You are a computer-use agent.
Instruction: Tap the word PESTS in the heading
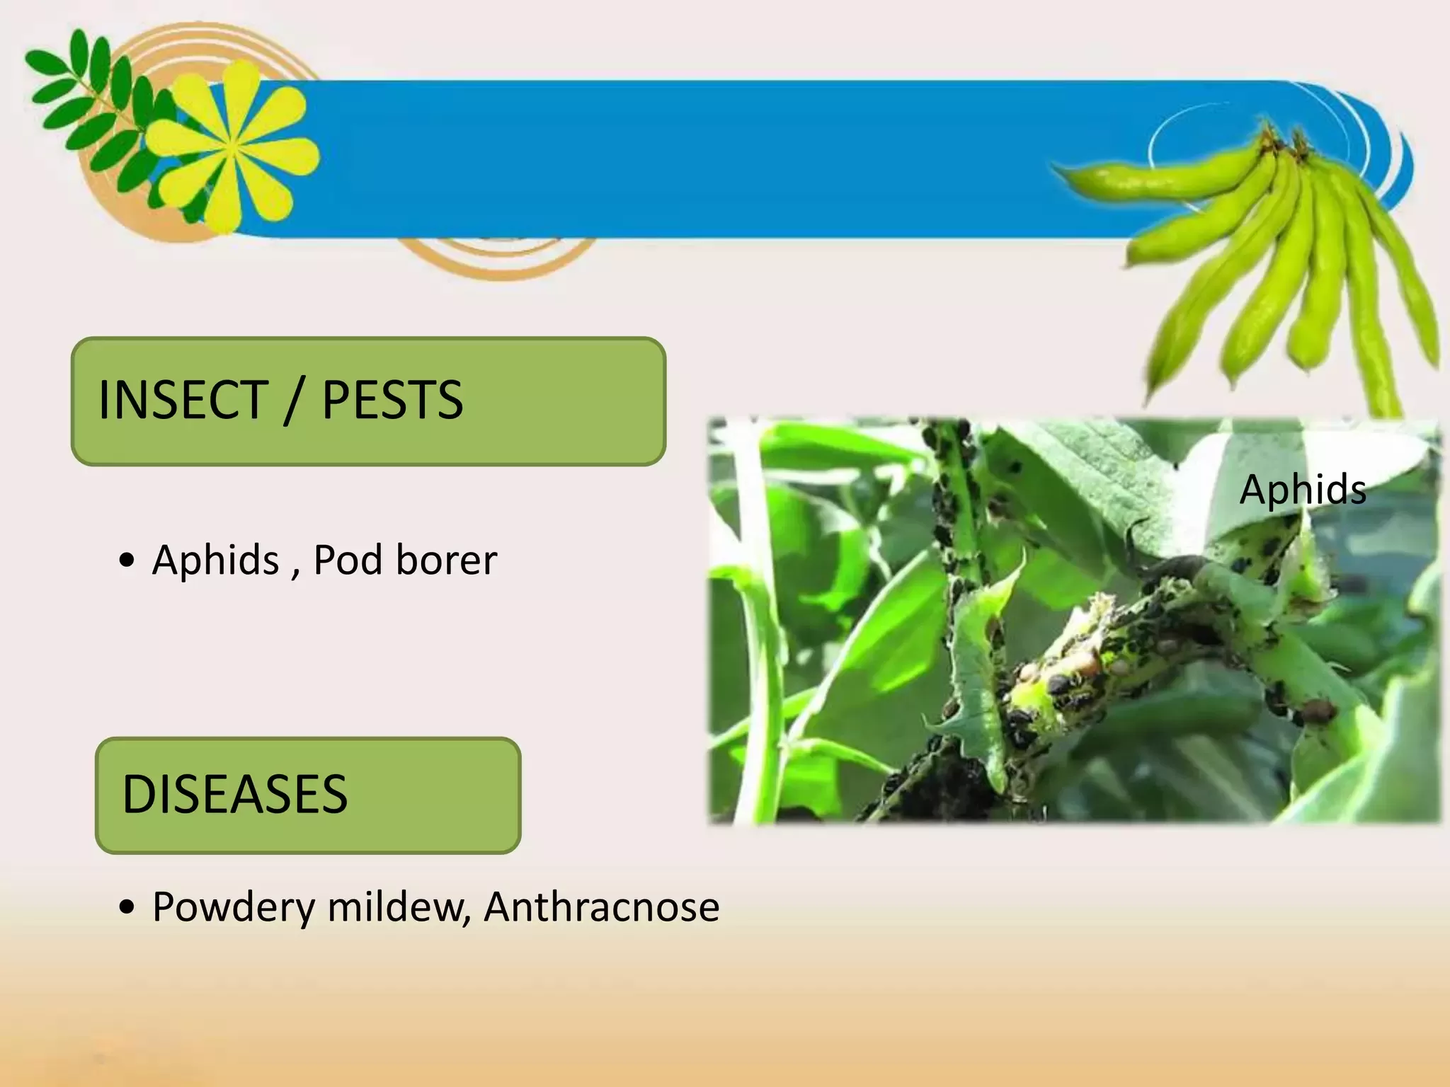[x=392, y=400]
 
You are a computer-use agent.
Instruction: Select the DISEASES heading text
[x=235, y=793]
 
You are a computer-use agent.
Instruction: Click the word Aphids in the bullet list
[x=216, y=560]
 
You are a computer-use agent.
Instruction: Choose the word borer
[x=446, y=560]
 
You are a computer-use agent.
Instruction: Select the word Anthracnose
[x=602, y=907]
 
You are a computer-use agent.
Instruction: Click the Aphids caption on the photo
[x=1303, y=489]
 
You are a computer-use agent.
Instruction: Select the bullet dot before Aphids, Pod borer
[x=127, y=561]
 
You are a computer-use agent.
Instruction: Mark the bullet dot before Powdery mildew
[x=127, y=908]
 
